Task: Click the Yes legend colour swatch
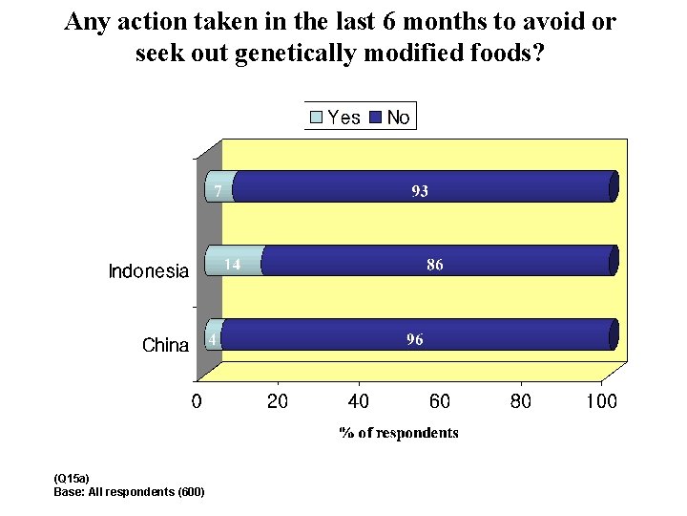pos(317,118)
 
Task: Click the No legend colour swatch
pos(375,118)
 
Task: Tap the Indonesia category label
pos(149,271)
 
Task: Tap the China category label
pos(165,345)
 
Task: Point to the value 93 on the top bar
pos(420,191)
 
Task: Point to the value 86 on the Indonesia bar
pos(434,265)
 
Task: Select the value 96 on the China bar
pos(415,339)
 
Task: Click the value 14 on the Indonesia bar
pos(231,265)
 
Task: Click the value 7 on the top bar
pos(218,191)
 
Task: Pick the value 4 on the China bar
pos(214,339)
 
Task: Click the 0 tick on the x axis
pos(197,401)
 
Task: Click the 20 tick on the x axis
pos(278,401)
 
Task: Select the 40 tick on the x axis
pos(359,401)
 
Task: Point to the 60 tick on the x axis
pos(440,401)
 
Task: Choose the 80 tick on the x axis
pos(521,401)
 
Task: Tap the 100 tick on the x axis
pos(601,401)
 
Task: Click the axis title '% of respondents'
pos(399,433)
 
